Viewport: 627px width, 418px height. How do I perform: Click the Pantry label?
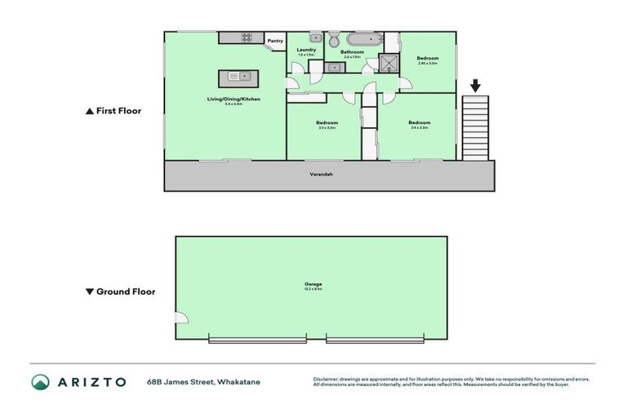(275, 41)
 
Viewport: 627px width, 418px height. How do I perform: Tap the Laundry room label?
(306, 50)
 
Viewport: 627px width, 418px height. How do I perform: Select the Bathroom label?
(352, 52)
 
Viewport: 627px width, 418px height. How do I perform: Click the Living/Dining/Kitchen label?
(233, 99)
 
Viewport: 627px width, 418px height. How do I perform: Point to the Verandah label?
(321, 174)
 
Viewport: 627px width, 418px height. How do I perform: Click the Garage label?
(314, 285)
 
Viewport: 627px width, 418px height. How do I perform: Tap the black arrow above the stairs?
(475, 85)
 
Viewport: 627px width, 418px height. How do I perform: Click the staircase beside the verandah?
(475, 127)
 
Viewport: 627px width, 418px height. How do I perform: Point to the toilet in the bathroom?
(334, 39)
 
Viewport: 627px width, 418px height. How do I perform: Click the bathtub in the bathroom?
(364, 38)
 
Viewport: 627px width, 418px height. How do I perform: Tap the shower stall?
(389, 64)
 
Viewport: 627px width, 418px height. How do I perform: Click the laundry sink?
(315, 38)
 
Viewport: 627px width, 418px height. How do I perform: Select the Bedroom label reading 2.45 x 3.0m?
(428, 59)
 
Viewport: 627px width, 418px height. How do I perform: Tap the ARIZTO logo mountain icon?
(41, 382)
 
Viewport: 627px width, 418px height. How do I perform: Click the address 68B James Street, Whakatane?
(203, 382)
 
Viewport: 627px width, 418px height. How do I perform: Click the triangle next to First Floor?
(89, 111)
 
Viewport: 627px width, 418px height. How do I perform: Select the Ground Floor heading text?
(126, 291)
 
